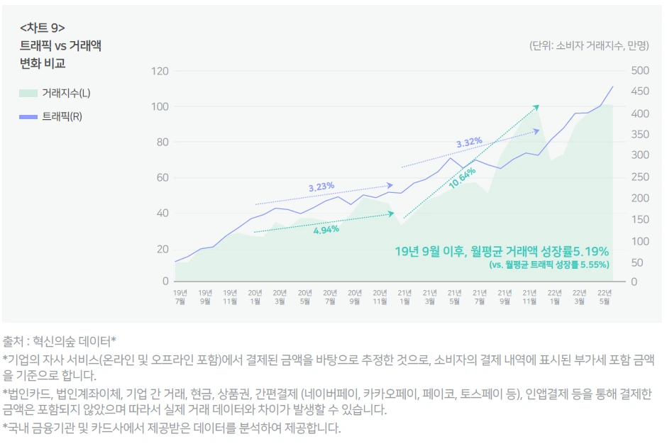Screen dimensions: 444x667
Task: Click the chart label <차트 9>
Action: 43,28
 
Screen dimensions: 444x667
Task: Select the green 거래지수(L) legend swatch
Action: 29,93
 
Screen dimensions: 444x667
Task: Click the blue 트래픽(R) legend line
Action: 29,116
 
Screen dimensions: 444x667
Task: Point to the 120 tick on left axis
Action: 160,72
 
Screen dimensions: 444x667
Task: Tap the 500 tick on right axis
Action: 640,70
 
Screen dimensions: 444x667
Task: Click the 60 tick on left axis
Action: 162,177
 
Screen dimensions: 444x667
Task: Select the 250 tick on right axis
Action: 640,177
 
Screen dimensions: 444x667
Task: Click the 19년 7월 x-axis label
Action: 181,296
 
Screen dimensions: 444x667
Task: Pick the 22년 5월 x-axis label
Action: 605,296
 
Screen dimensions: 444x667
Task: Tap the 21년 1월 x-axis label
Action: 405,296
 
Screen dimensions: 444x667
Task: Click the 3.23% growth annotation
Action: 321,187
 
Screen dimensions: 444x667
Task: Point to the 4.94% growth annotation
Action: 326,229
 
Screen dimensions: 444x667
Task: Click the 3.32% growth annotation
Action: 469,143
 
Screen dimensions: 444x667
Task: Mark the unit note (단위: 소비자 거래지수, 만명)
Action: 588,46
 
